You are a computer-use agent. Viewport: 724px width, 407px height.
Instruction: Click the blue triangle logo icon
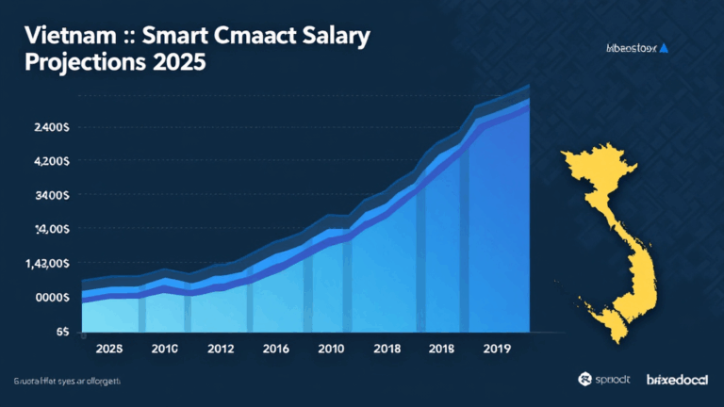(x=663, y=46)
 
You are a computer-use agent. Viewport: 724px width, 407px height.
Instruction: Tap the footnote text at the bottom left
(x=61, y=381)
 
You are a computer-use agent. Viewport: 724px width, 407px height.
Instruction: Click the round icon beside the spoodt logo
(x=585, y=380)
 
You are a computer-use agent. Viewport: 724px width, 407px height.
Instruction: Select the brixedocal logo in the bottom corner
(x=676, y=380)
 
